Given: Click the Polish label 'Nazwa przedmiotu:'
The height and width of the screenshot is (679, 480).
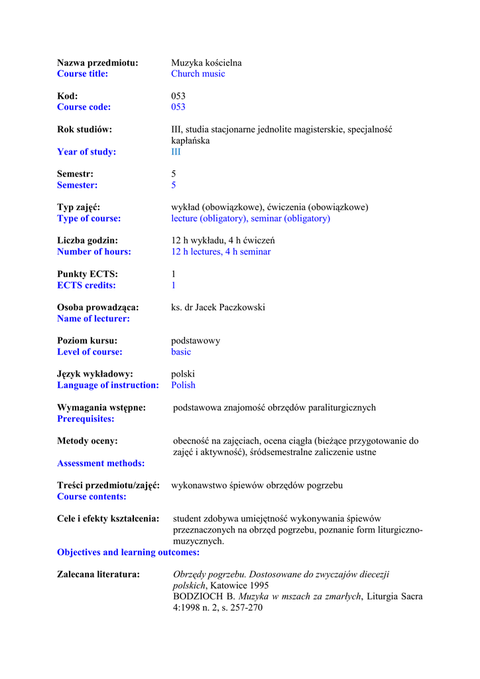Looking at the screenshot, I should (97, 63).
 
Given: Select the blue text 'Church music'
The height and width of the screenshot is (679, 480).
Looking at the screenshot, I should (198, 74).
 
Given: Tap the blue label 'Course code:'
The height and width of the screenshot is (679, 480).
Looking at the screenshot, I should (84, 107).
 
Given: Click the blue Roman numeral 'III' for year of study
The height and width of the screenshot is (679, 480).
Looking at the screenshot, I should (176, 152).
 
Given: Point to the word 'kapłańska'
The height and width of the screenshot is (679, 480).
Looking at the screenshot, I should (190, 141).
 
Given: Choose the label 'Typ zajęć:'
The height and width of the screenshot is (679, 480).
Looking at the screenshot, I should (78, 208).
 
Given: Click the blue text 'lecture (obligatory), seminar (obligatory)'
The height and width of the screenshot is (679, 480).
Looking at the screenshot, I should (251, 218).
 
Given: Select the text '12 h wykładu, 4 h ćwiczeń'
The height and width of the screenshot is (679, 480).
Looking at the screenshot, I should (223, 241).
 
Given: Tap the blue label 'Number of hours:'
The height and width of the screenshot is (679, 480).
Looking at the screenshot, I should (94, 251).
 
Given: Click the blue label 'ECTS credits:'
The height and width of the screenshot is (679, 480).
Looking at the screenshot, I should (86, 285).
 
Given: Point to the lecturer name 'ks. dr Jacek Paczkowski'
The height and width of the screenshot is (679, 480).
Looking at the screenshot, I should (218, 308).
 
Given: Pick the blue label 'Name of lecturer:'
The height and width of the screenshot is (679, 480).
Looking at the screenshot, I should (93, 318).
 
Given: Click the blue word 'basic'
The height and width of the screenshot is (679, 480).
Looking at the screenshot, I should (181, 352).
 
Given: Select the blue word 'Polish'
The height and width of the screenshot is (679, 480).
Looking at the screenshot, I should (183, 385).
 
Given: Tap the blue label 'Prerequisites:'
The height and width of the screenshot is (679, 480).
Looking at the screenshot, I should (86, 418).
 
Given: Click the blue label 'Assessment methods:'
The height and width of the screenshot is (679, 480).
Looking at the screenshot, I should (101, 463).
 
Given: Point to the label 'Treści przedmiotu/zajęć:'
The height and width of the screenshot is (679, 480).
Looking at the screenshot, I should (108, 486).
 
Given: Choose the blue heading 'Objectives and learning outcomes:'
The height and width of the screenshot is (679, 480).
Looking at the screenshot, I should (128, 552).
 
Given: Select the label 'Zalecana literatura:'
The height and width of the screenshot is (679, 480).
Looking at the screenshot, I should (98, 574).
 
